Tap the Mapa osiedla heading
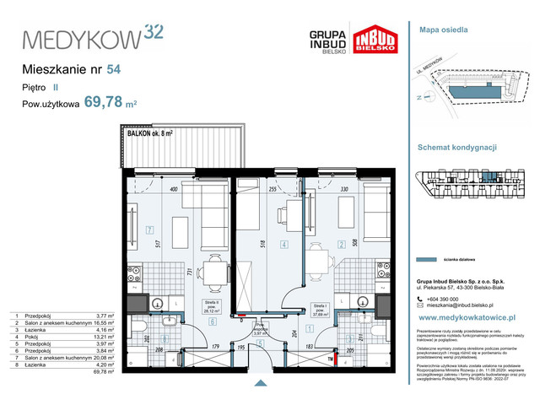click(444, 29)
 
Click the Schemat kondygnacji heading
click(457, 146)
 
